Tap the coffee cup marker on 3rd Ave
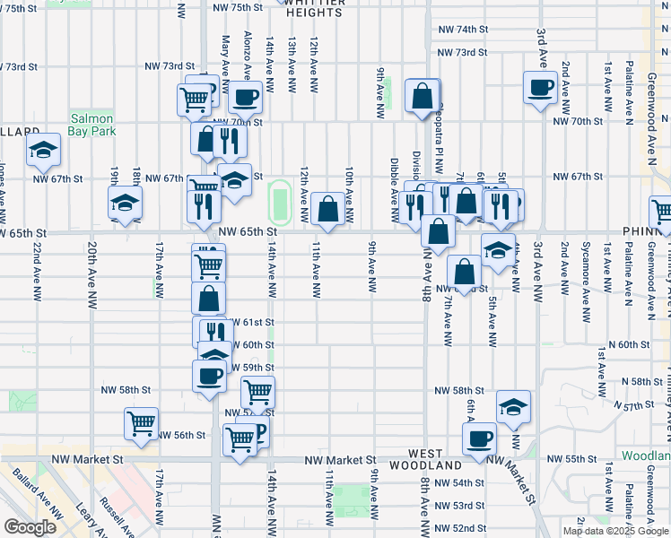click(541, 89)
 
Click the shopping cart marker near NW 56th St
click(142, 422)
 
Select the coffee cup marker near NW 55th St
click(479, 439)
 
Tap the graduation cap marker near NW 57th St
click(513, 407)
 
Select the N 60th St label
click(628, 344)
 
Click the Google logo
click(30, 526)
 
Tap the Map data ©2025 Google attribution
click(614, 531)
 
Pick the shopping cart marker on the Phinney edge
click(662, 211)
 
